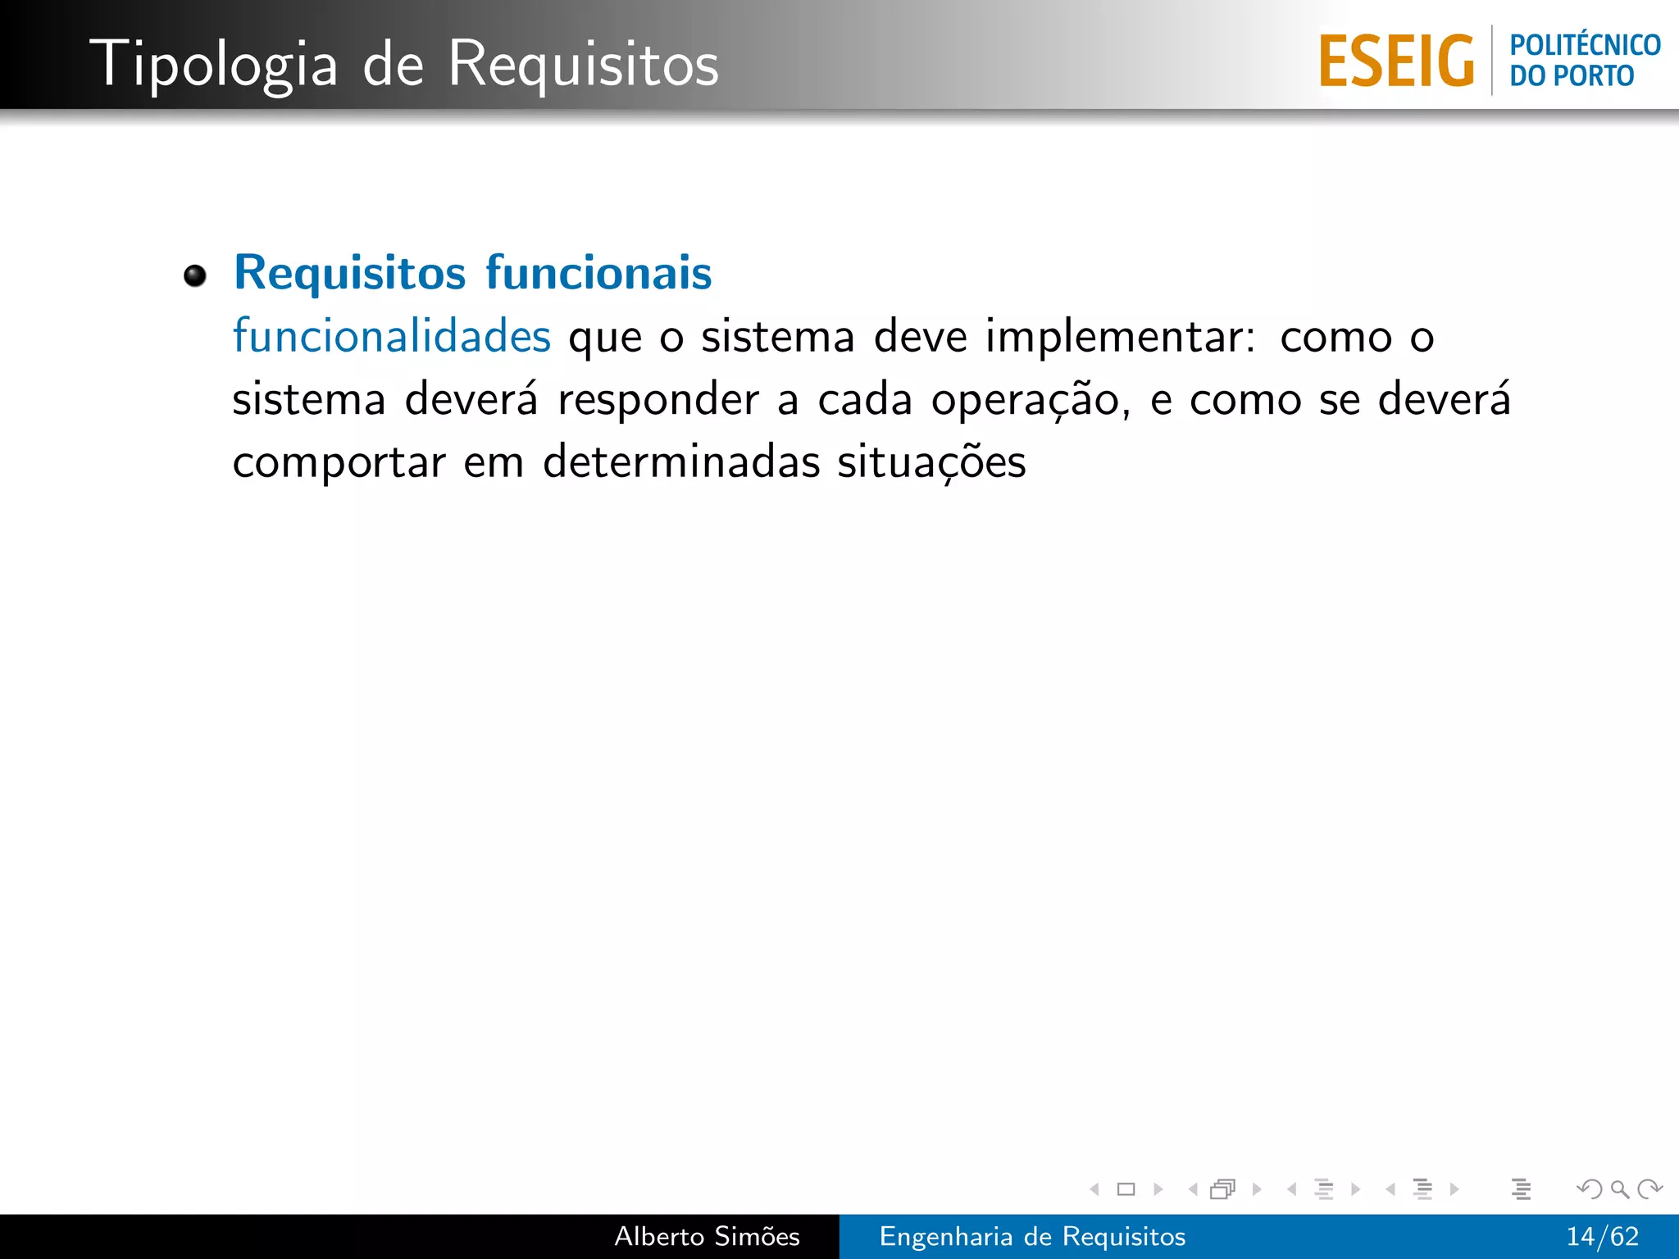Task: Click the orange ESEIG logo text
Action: click(1396, 61)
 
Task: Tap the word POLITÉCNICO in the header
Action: click(1585, 45)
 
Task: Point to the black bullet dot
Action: click(195, 276)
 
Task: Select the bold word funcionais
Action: click(598, 272)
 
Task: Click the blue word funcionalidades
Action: click(392, 336)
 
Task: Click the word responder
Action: click(658, 400)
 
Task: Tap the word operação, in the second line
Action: click(1031, 400)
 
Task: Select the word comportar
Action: click(339, 463)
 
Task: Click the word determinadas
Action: click(681, 461)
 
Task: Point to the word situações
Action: click(931, 461)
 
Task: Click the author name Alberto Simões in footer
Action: click(707, 1236)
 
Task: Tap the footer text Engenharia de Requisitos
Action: click(1032, 1236)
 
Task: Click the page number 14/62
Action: click(1602, 1236)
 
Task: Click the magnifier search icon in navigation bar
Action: click(1619, 1189)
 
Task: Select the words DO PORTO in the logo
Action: click(1572, 76)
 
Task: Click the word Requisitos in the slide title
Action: click(583, 64)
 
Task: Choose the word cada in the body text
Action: click(865, 400)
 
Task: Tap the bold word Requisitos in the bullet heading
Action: click(350, 272)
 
